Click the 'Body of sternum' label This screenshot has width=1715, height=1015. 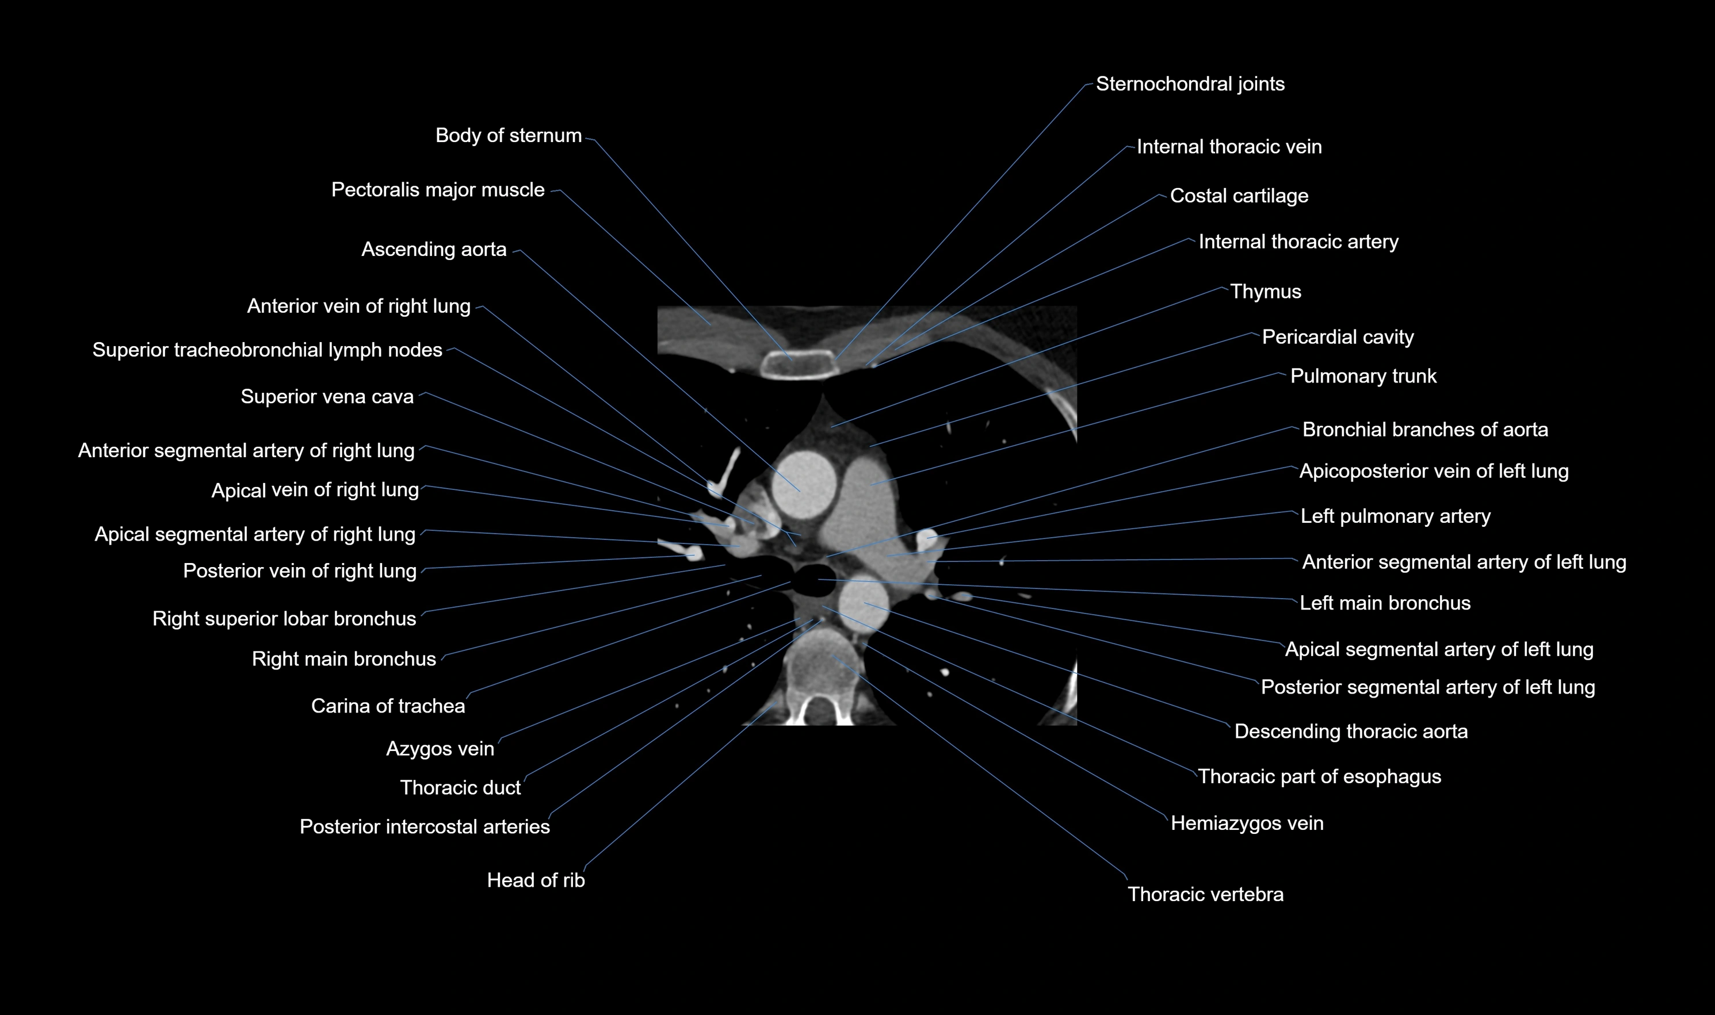508,135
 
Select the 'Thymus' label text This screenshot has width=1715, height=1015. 1265,292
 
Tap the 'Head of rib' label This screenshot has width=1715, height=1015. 536,880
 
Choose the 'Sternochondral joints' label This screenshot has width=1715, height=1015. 1190,84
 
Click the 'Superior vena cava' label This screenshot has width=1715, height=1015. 327,397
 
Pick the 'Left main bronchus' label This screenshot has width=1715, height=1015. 1385,603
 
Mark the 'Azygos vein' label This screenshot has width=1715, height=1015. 440,748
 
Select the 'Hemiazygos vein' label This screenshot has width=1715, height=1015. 1246,823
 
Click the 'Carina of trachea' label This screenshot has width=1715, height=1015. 388,706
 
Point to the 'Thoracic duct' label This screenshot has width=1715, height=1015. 460,788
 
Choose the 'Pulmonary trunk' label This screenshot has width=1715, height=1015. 1363,376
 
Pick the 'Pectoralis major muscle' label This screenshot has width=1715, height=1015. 438,189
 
